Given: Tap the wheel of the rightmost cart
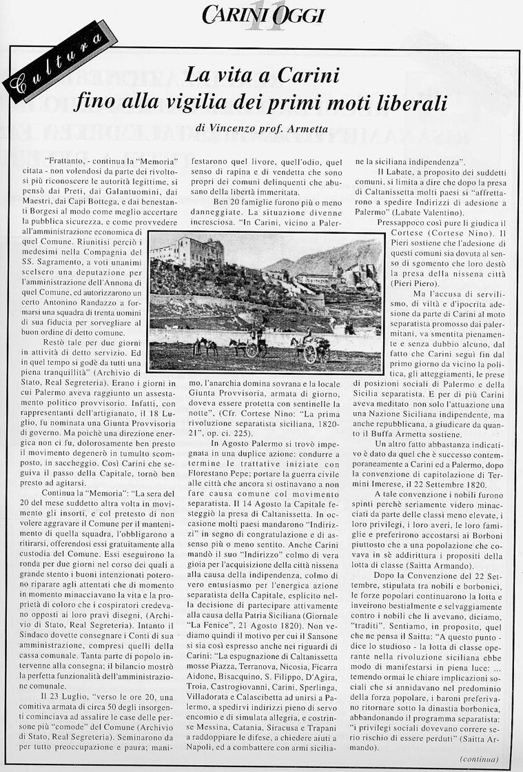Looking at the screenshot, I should pyautogui.click(x=310, y=354).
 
